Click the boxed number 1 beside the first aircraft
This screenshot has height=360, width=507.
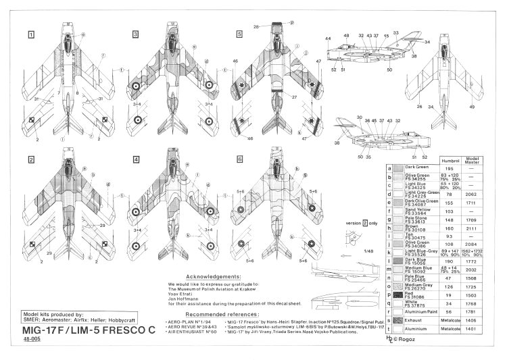point(31,34)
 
